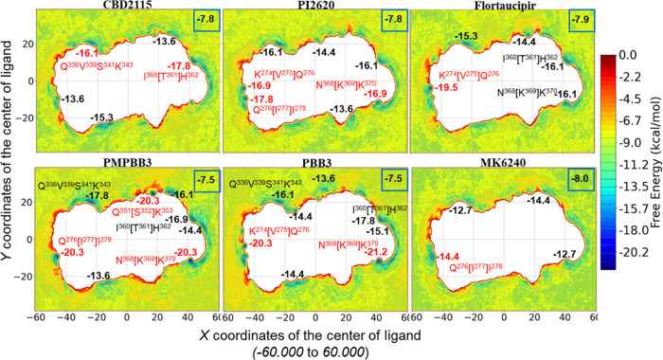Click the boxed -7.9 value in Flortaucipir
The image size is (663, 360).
tap(573, 21)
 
